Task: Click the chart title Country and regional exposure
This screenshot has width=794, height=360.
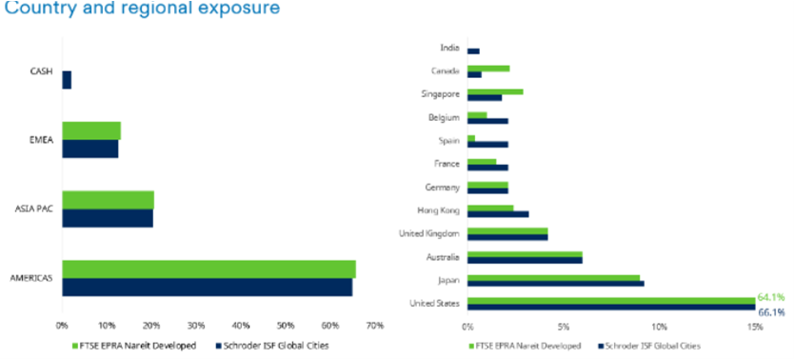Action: tap(140, 10)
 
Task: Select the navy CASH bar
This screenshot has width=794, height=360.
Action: tap(67, 80)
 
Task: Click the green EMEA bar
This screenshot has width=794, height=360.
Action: tap(91, 130)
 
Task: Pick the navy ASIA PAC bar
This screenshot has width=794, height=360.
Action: tap(108, 218)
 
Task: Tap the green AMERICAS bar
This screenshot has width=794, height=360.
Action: tap(208, 269)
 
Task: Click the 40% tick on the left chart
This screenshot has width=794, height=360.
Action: tap(241, 326)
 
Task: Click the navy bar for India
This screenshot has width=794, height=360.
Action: tap(473, 51)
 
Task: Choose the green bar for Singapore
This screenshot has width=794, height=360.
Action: tap(495, 91)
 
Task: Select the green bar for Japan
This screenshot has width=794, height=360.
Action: tap(553, 277)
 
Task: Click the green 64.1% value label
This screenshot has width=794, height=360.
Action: tap(771, 298)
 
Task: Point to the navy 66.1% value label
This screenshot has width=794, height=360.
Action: tap(771, 311)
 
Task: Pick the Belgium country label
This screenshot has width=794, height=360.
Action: tap(447, 117)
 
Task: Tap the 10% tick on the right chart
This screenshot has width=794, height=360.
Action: tap(659, 326)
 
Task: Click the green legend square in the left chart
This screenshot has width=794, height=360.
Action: tap(75, 345)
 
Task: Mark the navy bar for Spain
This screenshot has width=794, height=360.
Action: tap(487, 145)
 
